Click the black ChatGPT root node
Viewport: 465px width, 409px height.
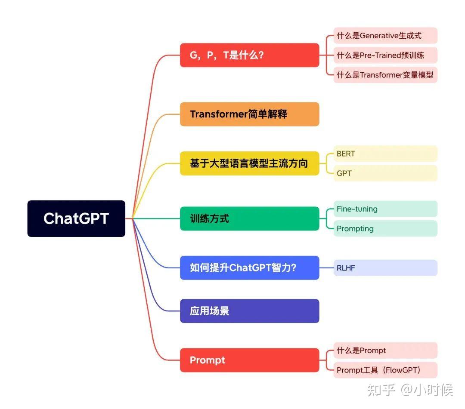[76, 218]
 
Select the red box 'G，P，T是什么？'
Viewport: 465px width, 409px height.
[249, 55]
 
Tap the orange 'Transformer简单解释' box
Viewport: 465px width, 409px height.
[249, 114]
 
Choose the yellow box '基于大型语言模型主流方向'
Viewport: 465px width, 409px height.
[249, 163]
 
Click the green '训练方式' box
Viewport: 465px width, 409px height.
[249, 218]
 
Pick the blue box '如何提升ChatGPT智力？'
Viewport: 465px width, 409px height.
[249, 268]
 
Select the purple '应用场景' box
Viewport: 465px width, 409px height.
[249, 311]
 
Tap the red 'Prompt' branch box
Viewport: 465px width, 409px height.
[249, 360]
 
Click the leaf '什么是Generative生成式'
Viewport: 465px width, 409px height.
[385, 36]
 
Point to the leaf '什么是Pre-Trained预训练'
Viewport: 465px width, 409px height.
[385, 55]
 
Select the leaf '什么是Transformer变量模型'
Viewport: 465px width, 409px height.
[385, 75]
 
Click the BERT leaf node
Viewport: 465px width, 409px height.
[385, 154]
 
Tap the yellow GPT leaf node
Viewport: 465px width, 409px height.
[385, 173]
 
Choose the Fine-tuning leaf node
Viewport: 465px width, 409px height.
[385, 209]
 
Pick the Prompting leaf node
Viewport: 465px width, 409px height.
[385, 228]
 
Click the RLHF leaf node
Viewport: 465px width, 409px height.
[385, 268]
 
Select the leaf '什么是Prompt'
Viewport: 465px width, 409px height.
[385, 351]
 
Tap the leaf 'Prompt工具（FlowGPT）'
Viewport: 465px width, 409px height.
[385, 370]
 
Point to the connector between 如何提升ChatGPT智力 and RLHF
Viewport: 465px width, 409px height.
[326, 268]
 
